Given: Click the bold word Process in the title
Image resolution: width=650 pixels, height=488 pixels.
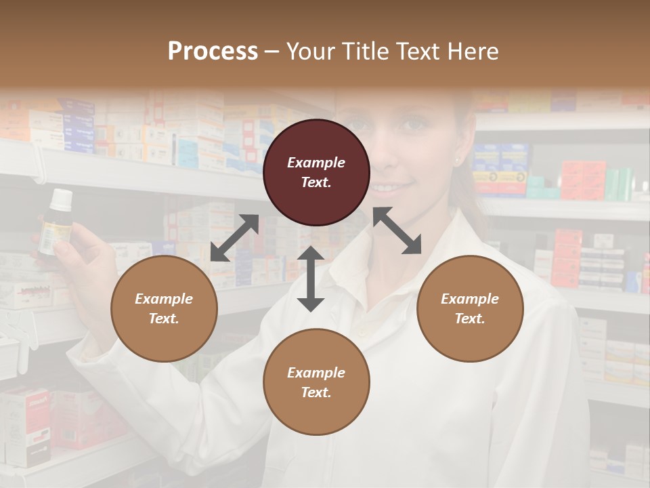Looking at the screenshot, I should (x=213, y=52).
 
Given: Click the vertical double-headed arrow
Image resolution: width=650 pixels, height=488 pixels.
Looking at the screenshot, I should (x=311, y=279).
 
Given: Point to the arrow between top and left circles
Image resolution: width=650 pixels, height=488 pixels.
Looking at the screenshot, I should (x=234, y=238).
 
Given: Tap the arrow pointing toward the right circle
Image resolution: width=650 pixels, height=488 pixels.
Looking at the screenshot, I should (x=397, y=230).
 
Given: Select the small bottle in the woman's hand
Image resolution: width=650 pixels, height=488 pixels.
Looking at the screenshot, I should (x=56, y=227).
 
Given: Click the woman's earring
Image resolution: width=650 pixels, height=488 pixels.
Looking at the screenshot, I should (x=458, y=161).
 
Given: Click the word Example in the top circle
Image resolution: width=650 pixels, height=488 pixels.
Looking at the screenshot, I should (x=316, y=163).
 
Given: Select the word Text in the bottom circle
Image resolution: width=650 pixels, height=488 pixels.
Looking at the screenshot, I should (x=315, y=392).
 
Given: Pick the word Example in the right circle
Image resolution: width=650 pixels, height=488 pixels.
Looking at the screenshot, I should (x=470, y=299).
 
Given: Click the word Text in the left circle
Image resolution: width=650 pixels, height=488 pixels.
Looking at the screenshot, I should (x=162, y=319).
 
